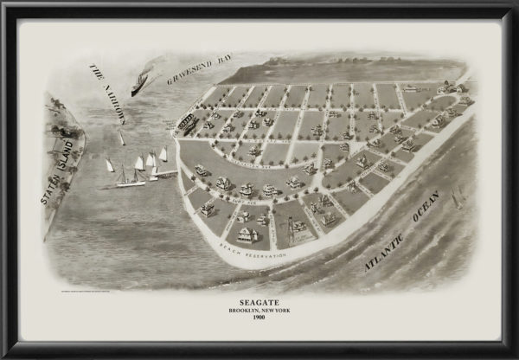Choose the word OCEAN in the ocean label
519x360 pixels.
tap(438, 209)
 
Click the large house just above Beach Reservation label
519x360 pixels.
tap(247, 234)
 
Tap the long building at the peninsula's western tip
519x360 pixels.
tap(186, 123)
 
